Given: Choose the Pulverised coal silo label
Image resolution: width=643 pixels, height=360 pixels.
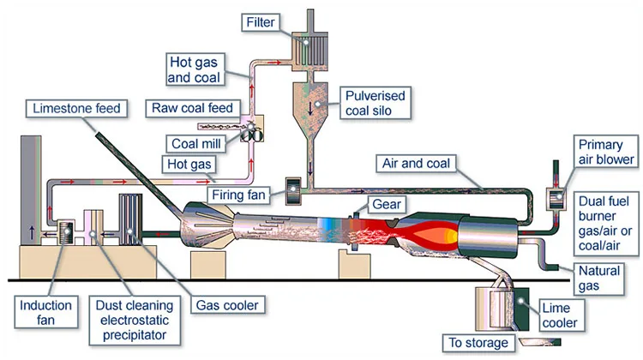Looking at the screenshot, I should pos(379,104).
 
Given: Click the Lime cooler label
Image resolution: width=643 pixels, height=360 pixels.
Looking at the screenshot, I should pos(559,315).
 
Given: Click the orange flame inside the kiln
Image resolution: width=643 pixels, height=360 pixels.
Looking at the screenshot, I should pos(433,232).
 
